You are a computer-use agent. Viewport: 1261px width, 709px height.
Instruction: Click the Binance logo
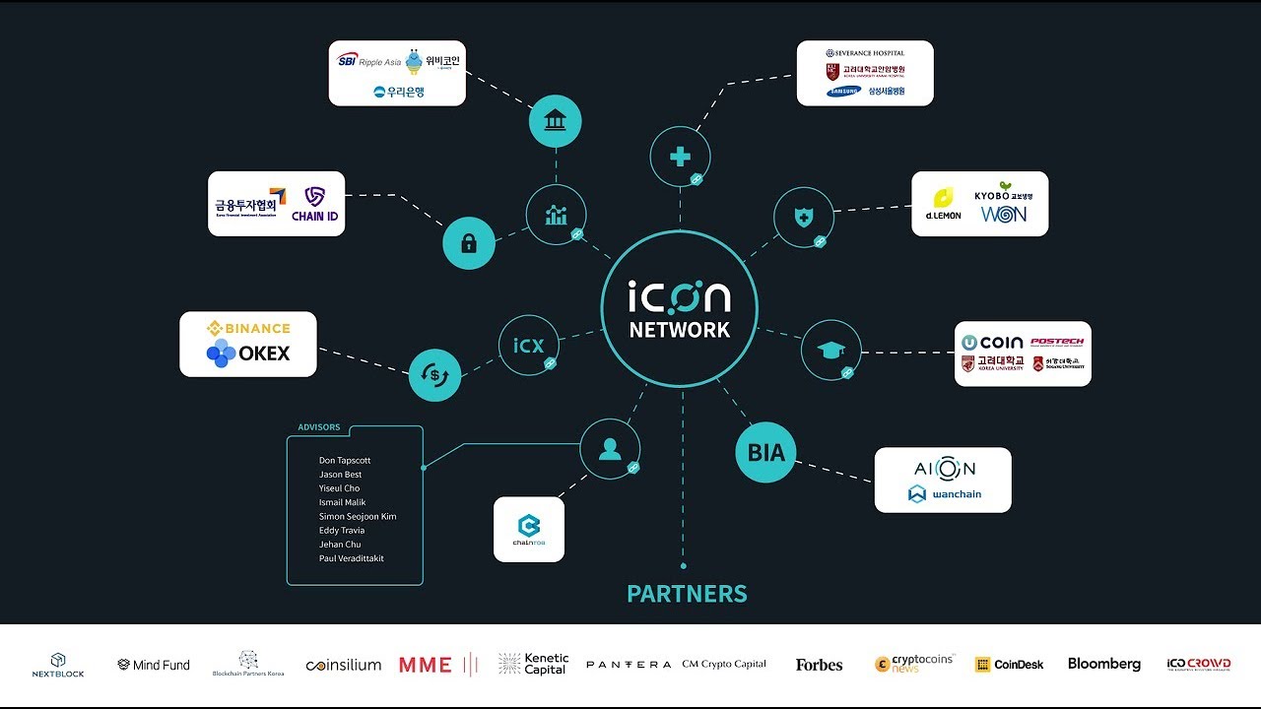(248, 328)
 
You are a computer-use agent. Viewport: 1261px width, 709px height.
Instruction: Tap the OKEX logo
(248, 354)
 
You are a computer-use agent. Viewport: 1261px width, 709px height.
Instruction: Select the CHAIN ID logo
(314, 204)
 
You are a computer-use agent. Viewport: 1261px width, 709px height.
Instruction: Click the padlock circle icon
(469, 243)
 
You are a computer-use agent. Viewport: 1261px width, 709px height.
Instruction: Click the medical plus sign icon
(680, 157)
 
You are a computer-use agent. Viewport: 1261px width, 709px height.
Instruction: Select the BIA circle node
(765, 453)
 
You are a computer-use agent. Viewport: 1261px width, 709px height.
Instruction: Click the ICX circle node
(528, 346)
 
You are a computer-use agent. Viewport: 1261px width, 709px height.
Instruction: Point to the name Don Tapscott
(345, 461)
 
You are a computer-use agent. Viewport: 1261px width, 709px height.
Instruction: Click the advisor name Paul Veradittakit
(352, 558)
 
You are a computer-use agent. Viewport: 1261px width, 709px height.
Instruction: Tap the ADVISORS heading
(319, 427)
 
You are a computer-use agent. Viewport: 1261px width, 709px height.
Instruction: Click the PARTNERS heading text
(687, 594)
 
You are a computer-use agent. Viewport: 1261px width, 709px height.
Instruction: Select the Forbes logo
(819, 665)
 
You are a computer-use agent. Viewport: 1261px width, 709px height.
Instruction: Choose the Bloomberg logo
(1103, 665)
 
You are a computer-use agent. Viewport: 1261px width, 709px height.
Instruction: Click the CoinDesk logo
(1009, 665)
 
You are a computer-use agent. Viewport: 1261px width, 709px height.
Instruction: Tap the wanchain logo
(944, 494)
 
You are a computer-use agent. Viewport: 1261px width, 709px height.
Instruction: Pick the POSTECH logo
(1056, 342)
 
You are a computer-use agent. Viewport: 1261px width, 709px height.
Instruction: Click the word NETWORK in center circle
(680, 330)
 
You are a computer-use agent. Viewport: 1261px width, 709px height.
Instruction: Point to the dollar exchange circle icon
(434, 375)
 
